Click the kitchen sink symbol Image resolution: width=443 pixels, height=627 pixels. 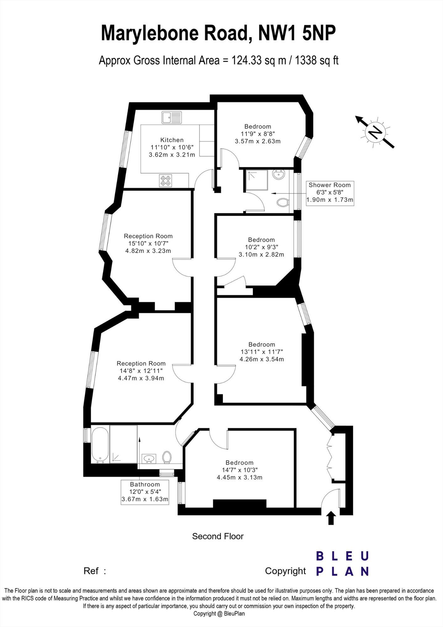pyautogui.click(x=171, y=118)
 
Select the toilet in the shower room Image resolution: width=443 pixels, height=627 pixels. pyautogui.click(x=283, y=203)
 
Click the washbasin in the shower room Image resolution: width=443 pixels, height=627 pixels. pyautogui.click(x=279, y=174)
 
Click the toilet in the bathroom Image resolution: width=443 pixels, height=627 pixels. pyautogui.click(x=167, y=457)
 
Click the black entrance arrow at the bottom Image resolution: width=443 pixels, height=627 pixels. pyautogui.click(x=331, y=518)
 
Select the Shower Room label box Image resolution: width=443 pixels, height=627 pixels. pyautogui.click(x=330, y=192)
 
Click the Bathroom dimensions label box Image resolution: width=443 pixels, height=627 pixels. pyautogui.click(x=145, y=492)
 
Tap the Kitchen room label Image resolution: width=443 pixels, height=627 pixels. pyautogui.click(x=172, y=140)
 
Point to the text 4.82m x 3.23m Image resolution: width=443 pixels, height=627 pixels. pyautogui.click(x=148, y=251)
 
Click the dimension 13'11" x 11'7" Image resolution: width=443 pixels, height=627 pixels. pyautogui.click(x=261, y=352)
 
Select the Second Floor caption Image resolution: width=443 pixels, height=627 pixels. pyautogui.click(x=218, y=536)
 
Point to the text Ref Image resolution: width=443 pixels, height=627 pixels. pyautogui.click(x=91, y=571)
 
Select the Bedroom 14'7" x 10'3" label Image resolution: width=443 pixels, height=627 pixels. pyautogui.click(x=240, y=470)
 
